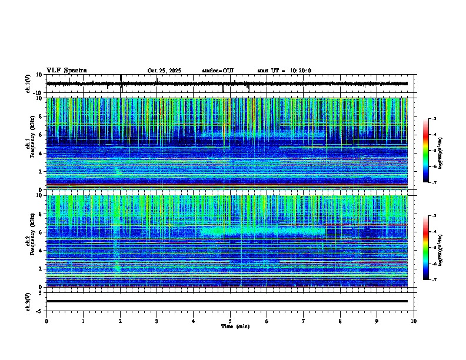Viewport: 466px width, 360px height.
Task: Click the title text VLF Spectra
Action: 66,71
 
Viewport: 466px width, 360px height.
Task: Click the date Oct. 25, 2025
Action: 164,71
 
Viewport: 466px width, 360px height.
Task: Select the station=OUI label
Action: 218,71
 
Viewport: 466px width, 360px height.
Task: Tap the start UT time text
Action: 284,71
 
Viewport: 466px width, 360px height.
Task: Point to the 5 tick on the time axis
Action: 230,321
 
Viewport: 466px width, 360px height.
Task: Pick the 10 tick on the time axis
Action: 414,321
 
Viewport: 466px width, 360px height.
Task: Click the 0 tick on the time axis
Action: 46,321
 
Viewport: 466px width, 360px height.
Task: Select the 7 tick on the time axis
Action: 304,321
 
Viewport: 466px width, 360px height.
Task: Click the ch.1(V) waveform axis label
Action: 28,84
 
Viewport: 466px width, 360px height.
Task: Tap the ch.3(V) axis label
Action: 28,301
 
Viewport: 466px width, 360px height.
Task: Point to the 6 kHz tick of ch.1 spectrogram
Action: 41,135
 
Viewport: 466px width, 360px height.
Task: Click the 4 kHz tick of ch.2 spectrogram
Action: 41,251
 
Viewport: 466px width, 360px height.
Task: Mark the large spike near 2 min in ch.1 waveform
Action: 121,79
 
